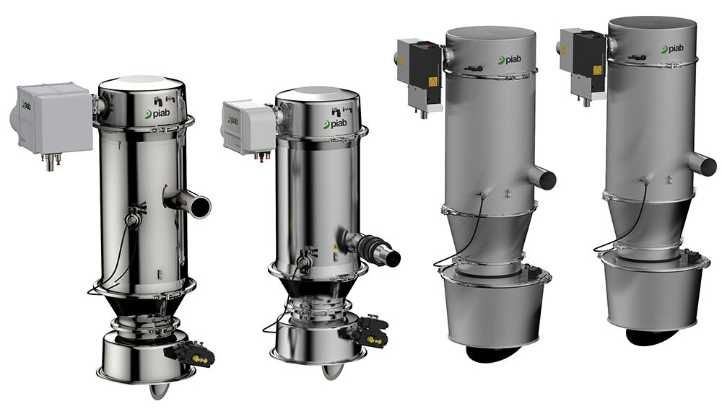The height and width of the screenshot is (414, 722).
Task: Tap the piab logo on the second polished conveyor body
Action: (x=335, y=124)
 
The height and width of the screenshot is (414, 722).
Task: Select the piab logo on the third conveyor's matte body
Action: (x=509, y=60)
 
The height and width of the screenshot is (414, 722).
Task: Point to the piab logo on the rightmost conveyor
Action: (x=672, y=49)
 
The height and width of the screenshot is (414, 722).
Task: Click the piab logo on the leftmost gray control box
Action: (x=26, y=105)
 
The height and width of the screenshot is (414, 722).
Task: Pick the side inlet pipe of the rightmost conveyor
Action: (x=703, y=164)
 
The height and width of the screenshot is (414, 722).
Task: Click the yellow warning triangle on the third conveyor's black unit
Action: (x=432, y=82)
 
